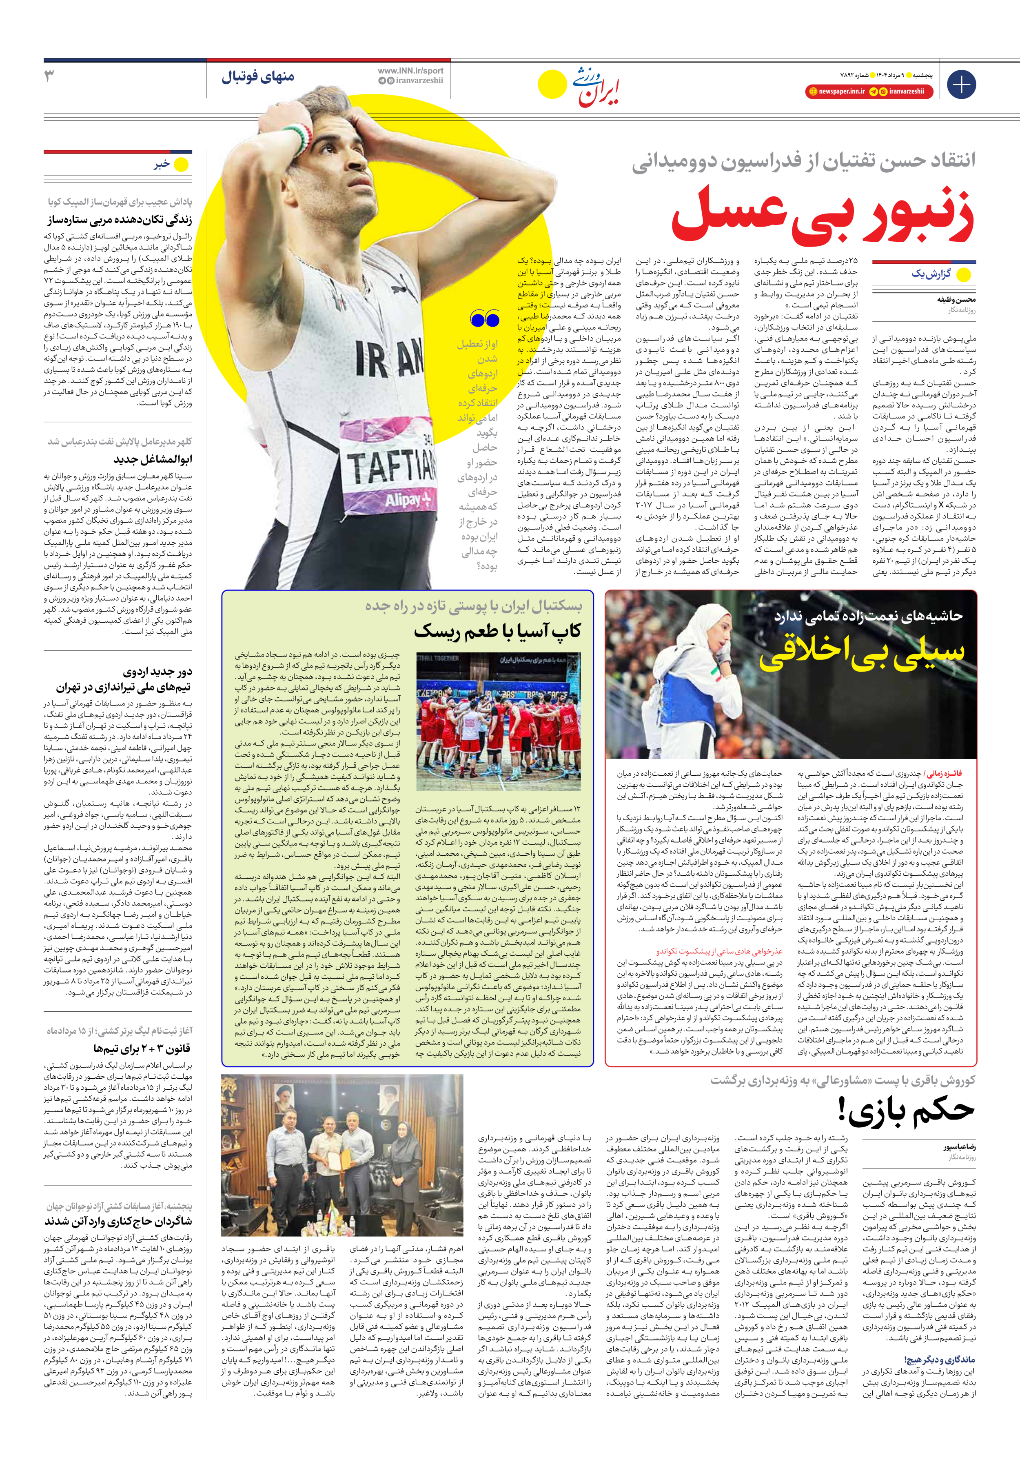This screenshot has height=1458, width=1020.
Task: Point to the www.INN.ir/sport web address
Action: click(x=410, y=71)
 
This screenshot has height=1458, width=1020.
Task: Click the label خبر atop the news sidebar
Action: click(x=162, y=165)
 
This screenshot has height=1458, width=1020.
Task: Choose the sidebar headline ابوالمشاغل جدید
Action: click(x=153, y=459)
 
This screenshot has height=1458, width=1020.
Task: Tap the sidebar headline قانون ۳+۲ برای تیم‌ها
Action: click(x=142, y=1048)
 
